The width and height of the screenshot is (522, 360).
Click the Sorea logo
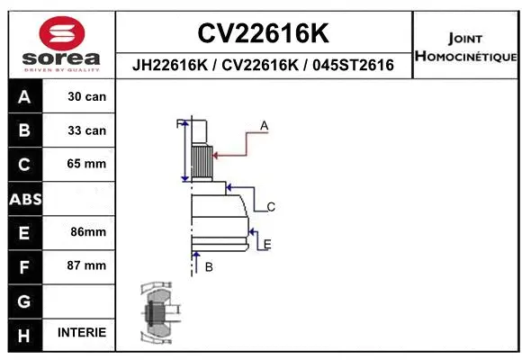pyautogui.click(x=60, y=40)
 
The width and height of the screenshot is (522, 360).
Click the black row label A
pyautogui.click(x=23, y=96)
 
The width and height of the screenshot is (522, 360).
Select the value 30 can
pyautogui.click(x=86, y=96)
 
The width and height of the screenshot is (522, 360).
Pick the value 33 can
pyautogui.click(x=86, y=130)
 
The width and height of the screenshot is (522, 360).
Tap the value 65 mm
pyautogui.click(x=86, y=164)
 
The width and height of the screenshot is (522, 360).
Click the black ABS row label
pyautogui.click(x=23, y=198)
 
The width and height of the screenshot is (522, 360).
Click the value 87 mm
pyautogui.click(x=86, y=265)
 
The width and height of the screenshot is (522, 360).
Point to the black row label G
pyautogui.click(x=23, y=300)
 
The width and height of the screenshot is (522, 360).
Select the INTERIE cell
pyautogui.click(x=81, y=332)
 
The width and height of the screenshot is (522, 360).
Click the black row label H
pyautogui.click(x=23, y=334)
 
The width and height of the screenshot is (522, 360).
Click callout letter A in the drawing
pyautogui.click(x=265, y=125)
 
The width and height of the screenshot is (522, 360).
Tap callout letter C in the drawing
pyautogui.click(x=270, y=207)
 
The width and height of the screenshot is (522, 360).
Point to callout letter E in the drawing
pyautogui.click(x=267, y=244)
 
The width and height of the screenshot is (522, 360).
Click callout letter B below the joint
pyautogui.click(x=209, y=266)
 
